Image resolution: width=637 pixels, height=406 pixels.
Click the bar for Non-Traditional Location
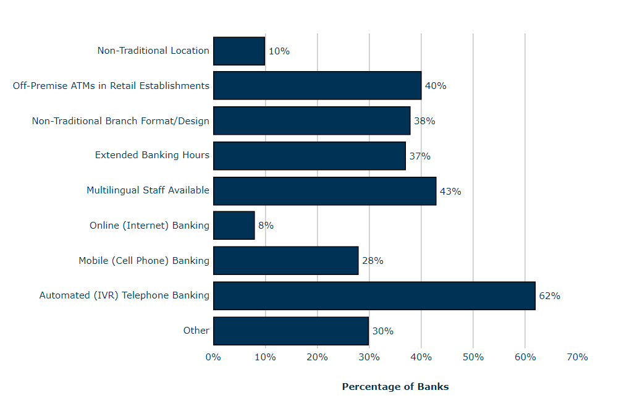tap(239, 51)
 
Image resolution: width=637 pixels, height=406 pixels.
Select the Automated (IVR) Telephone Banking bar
tap(374, 295)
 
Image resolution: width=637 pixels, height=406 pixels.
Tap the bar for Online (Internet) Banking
tap(234, 226)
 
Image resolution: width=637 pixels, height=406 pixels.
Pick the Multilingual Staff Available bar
tap(324, 191)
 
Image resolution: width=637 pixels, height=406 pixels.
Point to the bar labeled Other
tap(290, 331)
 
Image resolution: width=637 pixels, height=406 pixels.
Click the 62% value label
tap(549, 296)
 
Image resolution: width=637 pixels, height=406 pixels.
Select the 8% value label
tap(266, 226)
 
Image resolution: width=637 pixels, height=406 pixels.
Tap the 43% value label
tap(450, 192)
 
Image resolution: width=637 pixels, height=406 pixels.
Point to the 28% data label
tap(373, 261)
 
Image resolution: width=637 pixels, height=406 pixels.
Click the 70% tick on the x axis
tap(577, 357)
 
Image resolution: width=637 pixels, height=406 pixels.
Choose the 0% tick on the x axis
tap(213, 357)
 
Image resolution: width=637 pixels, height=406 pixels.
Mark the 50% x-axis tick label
tap(473, 357)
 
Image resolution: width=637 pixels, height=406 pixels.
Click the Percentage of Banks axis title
tap(395, 387)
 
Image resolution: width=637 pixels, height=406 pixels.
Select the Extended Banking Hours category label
tap(152, 155)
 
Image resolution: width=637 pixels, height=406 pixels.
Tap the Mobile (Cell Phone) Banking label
tap(144, 260)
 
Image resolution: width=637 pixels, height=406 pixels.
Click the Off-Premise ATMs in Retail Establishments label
tap(111, 85)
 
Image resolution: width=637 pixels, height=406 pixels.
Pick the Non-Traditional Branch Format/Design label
tap(120, 121)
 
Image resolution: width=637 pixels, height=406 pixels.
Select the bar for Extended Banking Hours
tap(309, 156)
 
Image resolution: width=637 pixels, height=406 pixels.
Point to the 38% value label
tap(424, 121)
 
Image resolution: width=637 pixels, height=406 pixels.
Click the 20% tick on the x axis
tap(317, 357)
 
